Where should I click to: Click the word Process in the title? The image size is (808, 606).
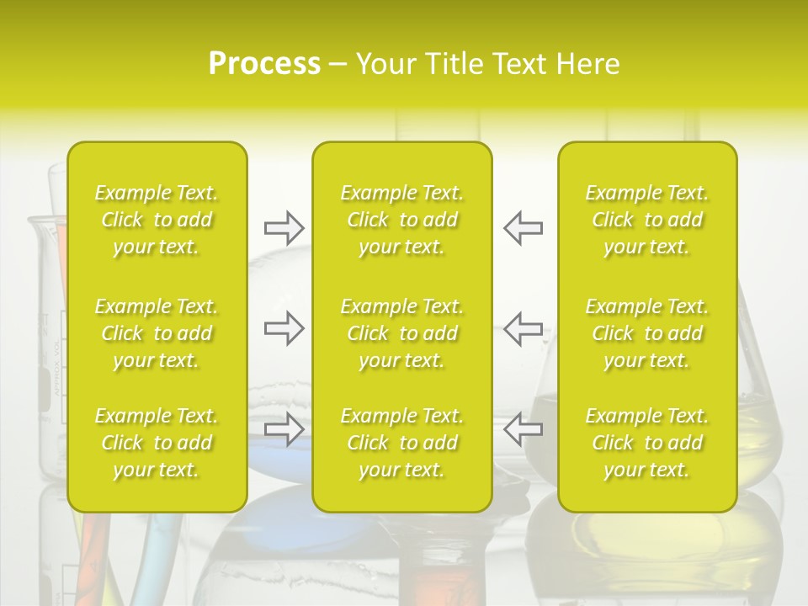pyautogui.click(x=264, y=64)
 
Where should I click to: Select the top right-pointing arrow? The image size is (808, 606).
pyautogui.click(x=284, y=227)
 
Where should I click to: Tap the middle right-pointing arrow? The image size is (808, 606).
pyautogui.click(x=284, y=328)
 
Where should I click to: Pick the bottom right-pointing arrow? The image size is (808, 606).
pyautogui.click(x=284, y=429)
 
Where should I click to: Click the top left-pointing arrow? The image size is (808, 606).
pyautogui.click(x=524, y=227)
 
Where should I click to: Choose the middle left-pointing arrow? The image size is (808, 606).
pyautogui.click(x=524, y=328)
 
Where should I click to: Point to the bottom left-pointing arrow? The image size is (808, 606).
pyautogui.click(x=524, y=429)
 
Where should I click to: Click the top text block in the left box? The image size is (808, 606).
pyautogui.click(x=157, y=220)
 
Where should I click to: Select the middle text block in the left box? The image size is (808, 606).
pyautogui.click(x=157, y=333)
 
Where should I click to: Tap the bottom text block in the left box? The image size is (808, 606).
pyautogui.click(x=157, y=443)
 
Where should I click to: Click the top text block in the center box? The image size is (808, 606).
pyautogui.click(x=401, y=220)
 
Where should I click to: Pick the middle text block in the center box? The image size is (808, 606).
pyautogui.click(x=401, y=333)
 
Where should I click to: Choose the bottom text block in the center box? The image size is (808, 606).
pyautogui.click(x=401, y=443)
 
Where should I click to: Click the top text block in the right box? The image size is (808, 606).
pyautogui.click(x=646, y=220)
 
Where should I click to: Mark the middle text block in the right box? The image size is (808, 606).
pyautogui.click(x=646, y=333)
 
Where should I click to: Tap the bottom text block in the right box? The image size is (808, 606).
pyautogui.click(x=646, y=443)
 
